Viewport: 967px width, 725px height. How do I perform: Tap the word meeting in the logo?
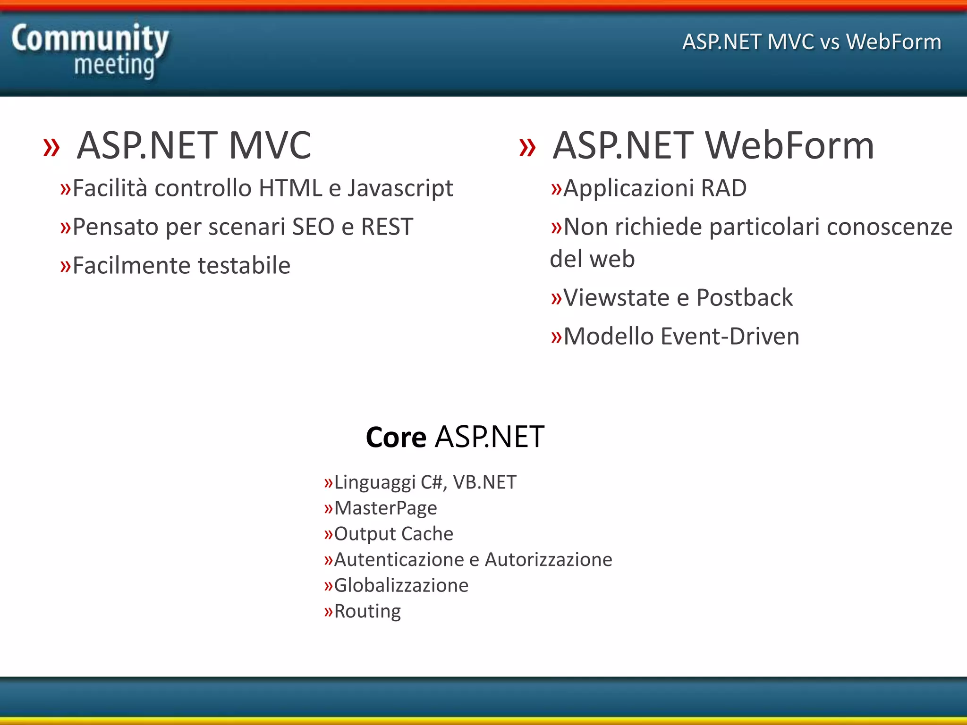[114, 65]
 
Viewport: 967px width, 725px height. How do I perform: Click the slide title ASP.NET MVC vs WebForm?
[812, 42]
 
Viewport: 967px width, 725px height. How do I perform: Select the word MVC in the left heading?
[270, 146]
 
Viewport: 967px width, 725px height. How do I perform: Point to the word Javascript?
[400, 189]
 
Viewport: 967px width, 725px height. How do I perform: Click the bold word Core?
[396, 438]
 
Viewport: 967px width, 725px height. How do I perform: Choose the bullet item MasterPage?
[385, 508]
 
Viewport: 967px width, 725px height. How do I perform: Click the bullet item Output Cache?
[393, 534]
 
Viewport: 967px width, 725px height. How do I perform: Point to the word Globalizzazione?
[401, 586]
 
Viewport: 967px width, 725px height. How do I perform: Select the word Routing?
[367, 612]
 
